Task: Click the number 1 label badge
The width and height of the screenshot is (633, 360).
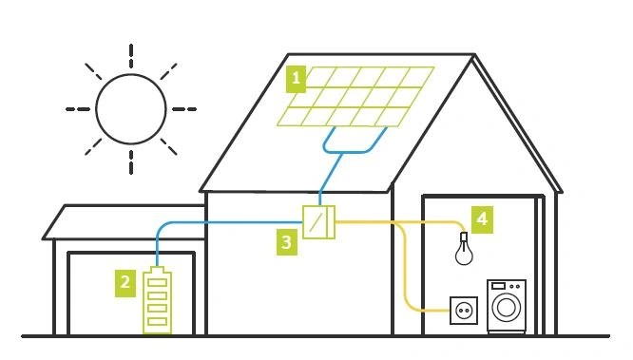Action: [x=297, y=79]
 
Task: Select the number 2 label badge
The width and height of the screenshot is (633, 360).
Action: [x=123, y=280]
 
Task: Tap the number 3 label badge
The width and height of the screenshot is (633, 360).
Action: [x=286, y=243]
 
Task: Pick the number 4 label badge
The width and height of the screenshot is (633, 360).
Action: [x=483, y=219]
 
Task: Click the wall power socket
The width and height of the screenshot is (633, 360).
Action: [x=464, y=309]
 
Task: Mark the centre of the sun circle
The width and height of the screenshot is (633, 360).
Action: [x=130, y=108]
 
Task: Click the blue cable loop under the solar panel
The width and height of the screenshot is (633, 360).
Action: [x=352, y=148]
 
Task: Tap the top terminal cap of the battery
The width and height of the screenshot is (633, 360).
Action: [x=158, y=271]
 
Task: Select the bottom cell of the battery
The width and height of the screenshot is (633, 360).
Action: [x=158, y=323]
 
